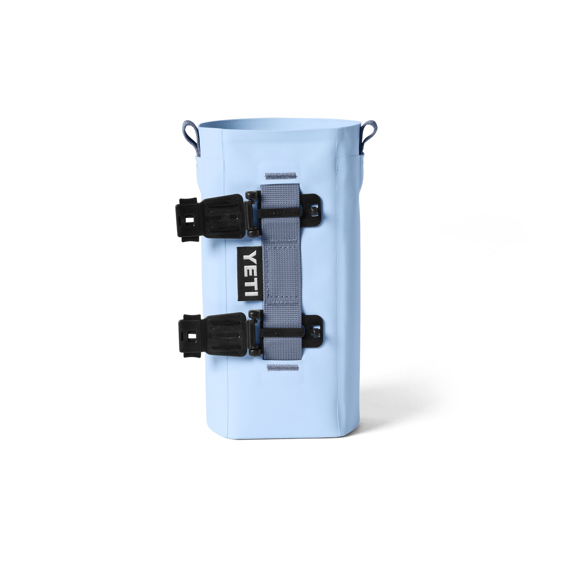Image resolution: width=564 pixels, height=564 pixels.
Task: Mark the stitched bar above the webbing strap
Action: [x=281, y=175]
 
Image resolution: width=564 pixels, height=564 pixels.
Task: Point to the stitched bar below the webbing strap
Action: [x=282, y=368]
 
